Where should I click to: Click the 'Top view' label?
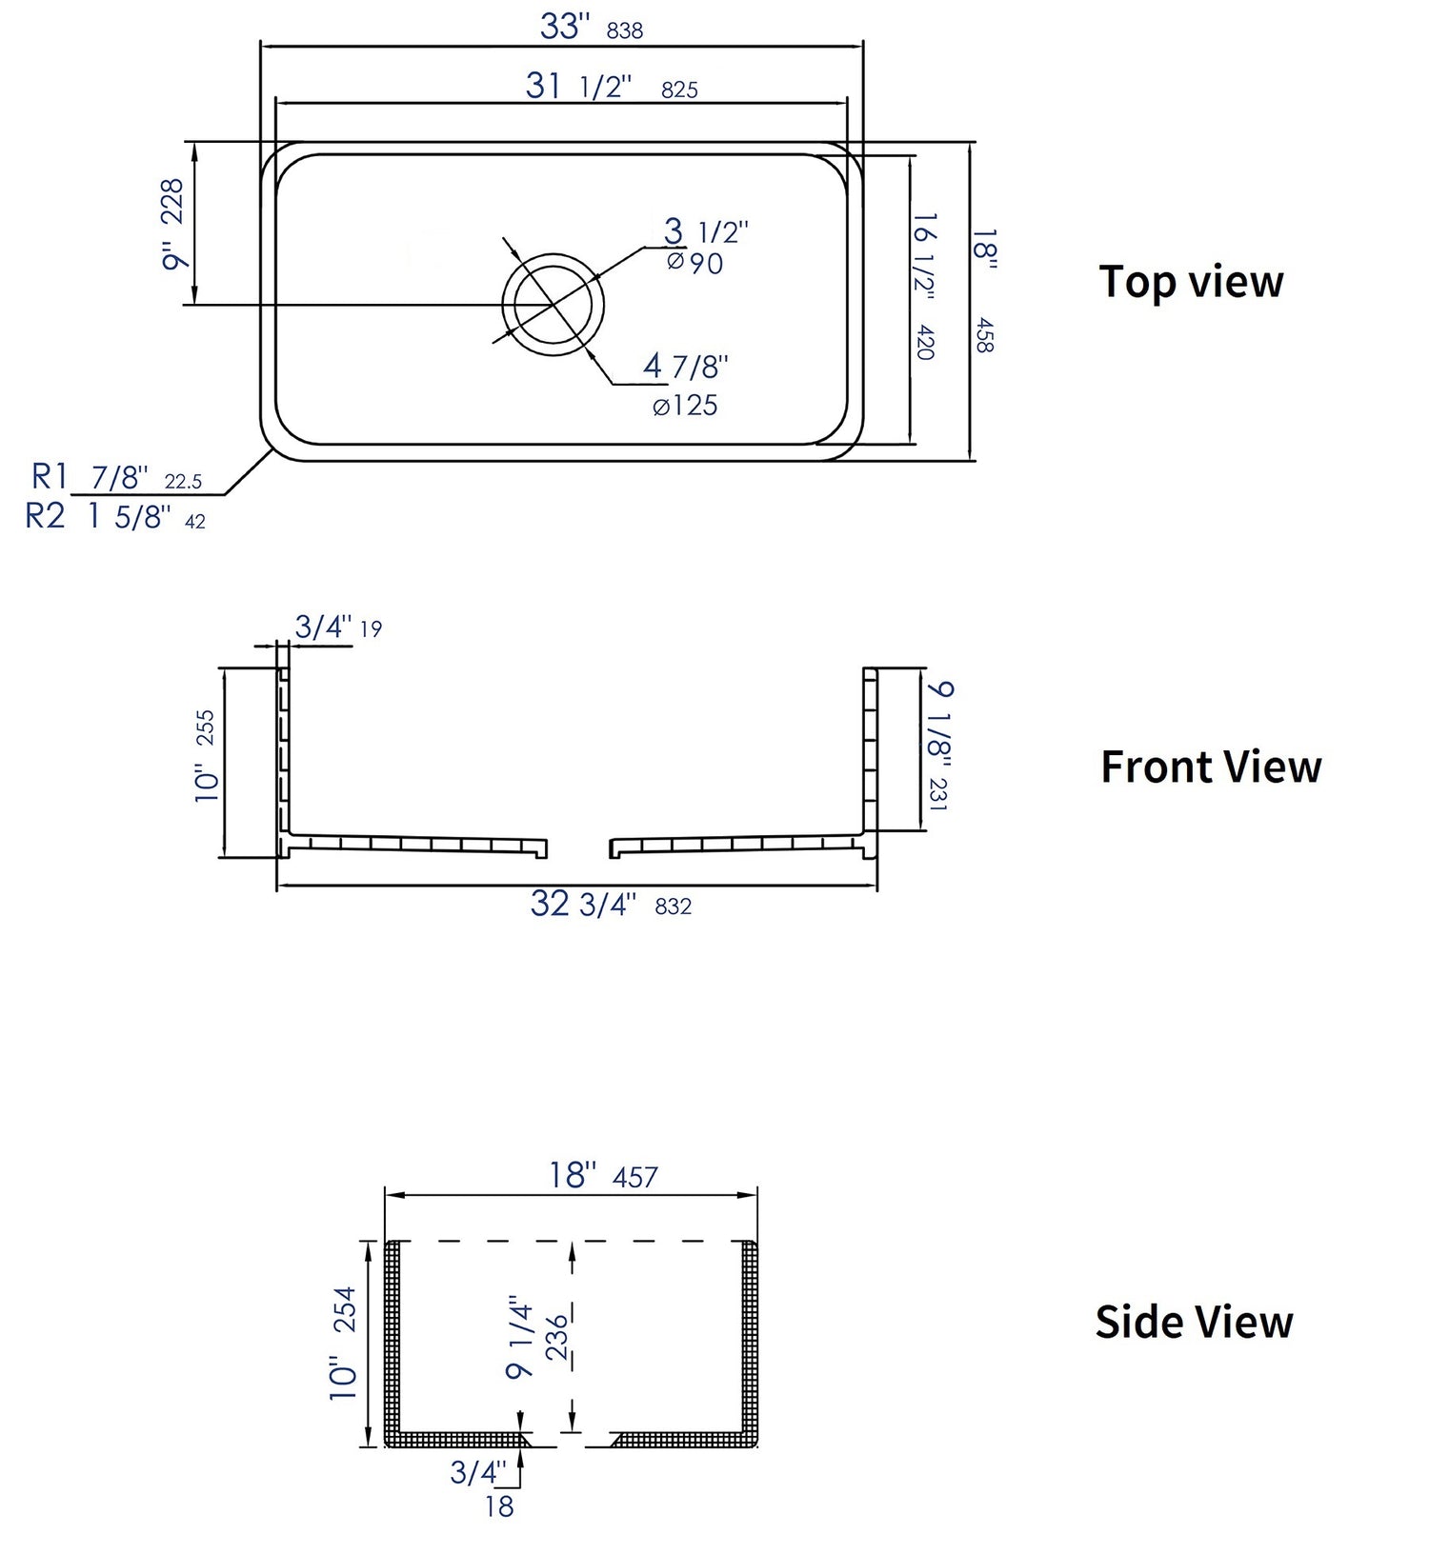click(1191, 282)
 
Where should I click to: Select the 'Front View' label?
click(1210, 767)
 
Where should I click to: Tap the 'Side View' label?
click(1194, 1322)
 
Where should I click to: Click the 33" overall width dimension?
click(566, 27)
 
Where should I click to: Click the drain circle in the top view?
click(553, 304)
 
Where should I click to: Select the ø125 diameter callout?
click(685, 407)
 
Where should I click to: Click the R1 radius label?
click(50, 475)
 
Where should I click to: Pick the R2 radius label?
click(45, 516)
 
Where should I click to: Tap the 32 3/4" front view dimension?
click(583, 905)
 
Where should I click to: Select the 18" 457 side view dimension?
click(602, 1176)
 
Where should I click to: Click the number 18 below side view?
click(498, 1505)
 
